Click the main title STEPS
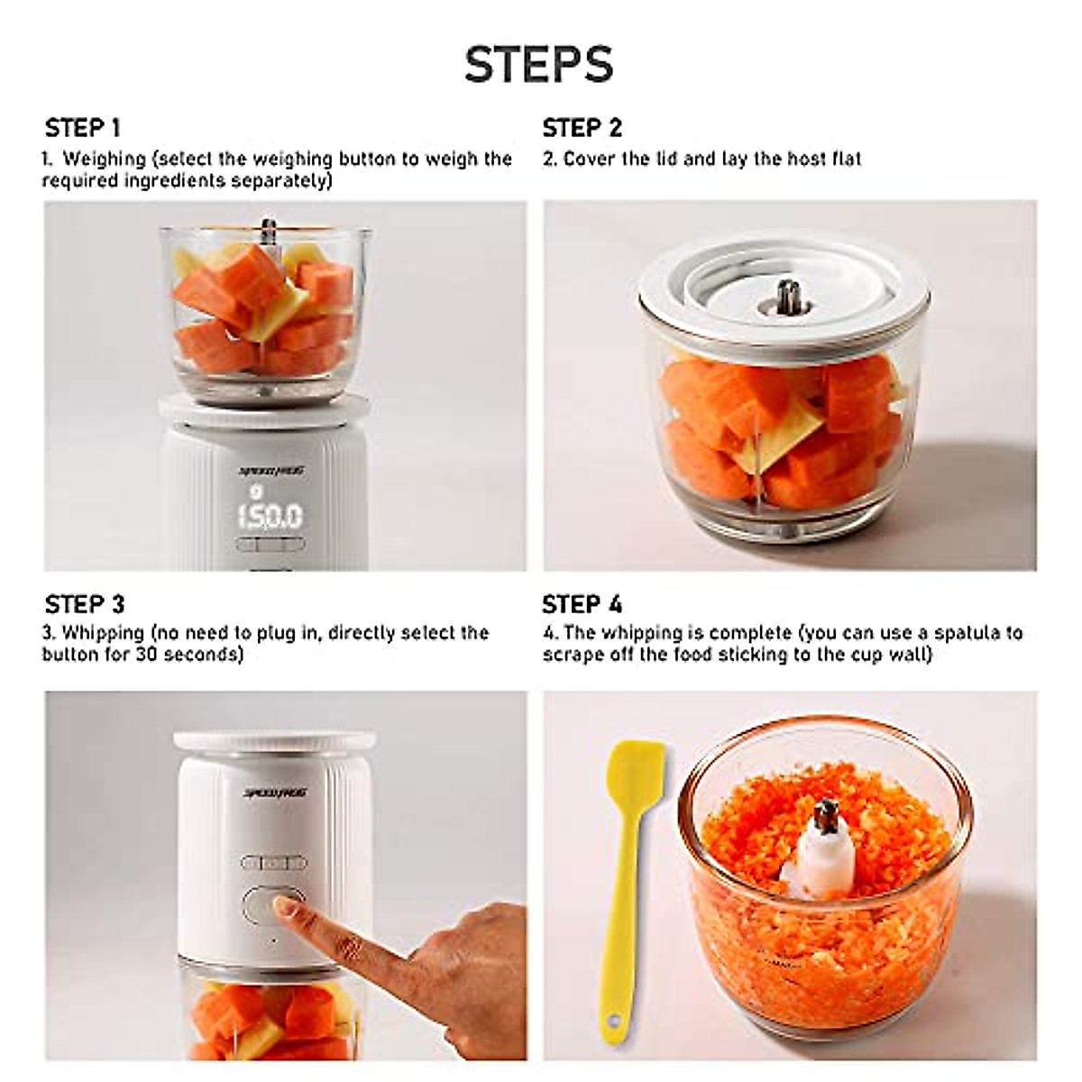point(539,64)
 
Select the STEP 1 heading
point(82,128)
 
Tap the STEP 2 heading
point(582,128)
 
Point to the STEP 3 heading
point(84,604)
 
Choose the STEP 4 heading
point(582,604)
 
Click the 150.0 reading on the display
point(270,517)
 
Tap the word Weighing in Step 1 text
point(104,160)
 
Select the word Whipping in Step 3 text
point(103,633)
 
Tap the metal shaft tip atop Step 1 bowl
point(267,225)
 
